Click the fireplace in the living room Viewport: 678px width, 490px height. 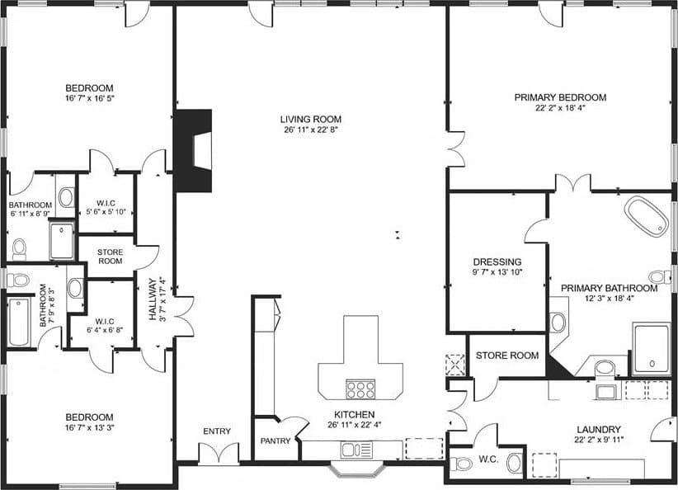click(x=193, y=150)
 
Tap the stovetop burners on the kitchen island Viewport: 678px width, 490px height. click(x=360, y=389)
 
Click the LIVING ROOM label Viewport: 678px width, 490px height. click(x=310, y=119)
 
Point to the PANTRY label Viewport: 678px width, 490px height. click(x=275, y=441)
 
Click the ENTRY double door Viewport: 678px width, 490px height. click(x=219, y=453)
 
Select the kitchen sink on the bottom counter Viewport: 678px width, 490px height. click(x=356, y=450)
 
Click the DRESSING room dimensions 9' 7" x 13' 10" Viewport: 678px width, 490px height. click(x=497, y=272)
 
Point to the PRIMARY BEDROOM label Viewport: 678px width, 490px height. click(x=560, y=97)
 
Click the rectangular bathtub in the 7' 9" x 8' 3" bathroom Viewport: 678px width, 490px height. click(x=19, y=322)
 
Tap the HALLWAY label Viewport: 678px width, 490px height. click(x=153, y=299)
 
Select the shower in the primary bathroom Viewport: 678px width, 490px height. click(x=651, y=349)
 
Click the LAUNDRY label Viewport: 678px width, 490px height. click(x=599, y=430)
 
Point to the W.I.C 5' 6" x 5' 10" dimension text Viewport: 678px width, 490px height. click(x=106, y=212)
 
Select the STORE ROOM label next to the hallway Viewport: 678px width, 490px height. click(x=110, y=257)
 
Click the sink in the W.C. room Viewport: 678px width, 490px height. click(x=515, y=463)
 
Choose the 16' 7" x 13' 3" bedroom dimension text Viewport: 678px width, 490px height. click(x=90, y=428)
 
